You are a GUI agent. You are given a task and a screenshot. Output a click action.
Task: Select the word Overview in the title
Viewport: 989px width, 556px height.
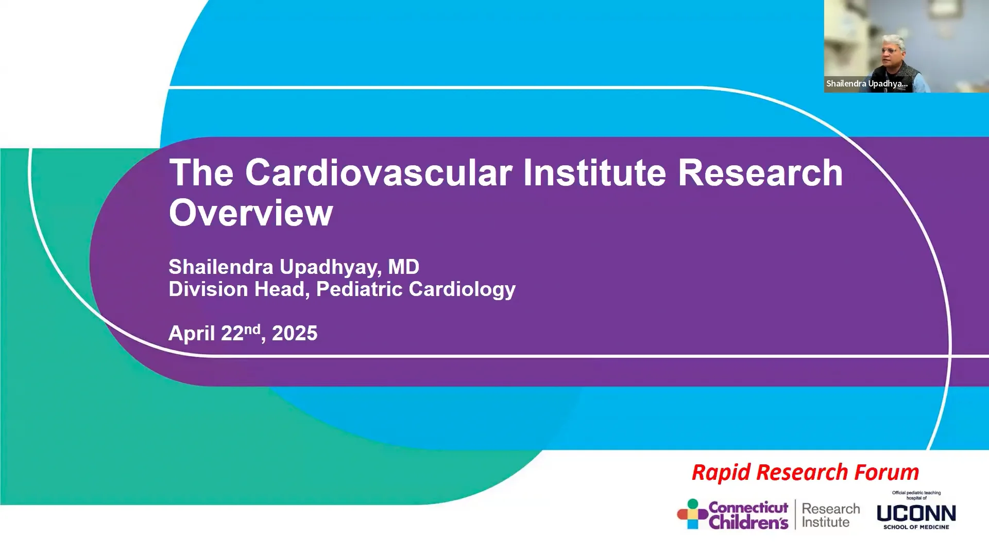[x=251, y=213]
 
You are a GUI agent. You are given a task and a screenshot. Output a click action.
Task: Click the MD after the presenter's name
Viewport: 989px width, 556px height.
[x=403, y=267]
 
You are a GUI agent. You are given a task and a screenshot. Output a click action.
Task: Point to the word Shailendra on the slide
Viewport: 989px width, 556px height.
[x=221, y=267]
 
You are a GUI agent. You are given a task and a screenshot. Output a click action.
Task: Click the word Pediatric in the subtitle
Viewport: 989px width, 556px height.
[x=360, y=289]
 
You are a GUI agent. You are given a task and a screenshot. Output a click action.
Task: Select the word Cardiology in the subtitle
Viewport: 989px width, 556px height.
[x=462, y=289]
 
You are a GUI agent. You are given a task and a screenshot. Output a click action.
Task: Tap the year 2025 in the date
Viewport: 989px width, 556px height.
[x=295, y=334]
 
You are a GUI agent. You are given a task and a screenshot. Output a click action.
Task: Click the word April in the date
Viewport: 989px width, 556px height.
[x=192, y=334]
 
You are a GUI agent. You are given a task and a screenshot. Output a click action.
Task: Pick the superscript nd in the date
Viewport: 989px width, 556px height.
[x=252, y=329]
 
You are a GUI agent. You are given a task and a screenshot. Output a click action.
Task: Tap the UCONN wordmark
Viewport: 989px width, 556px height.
[x=916, y=513]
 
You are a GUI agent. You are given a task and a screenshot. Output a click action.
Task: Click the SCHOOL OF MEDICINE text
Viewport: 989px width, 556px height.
[x=916, y=527]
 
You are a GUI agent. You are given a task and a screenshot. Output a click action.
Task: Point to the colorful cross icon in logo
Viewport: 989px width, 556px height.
[x=692, y=514]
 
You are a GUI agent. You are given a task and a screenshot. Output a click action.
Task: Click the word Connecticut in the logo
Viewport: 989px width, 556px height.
[x=748, y=508]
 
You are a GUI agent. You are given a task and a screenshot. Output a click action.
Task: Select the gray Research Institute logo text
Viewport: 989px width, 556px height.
[x=830, y=515]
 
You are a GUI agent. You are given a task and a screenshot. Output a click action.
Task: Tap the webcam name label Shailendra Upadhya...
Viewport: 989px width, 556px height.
[x=866, y=83]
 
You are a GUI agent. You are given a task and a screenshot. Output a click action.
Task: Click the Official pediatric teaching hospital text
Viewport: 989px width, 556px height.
[x=916, y=495]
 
